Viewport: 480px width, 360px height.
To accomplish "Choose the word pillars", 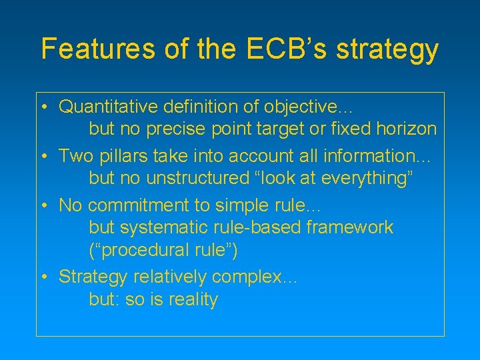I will click(x=123, y=156).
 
